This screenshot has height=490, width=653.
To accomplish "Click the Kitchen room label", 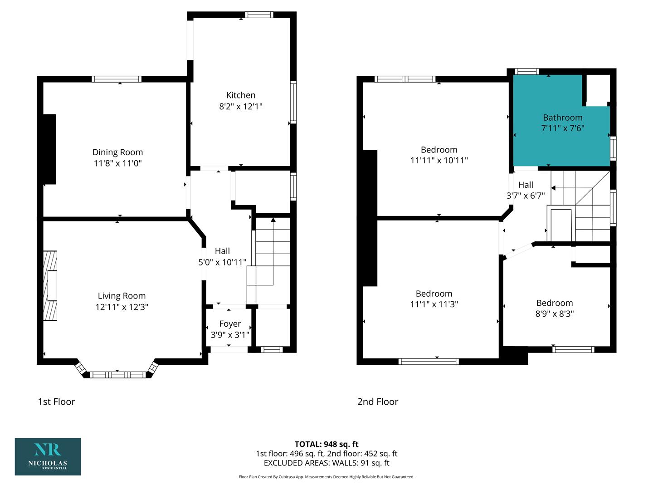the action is [241, 95].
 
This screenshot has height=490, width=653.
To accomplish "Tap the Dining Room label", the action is [117, 152].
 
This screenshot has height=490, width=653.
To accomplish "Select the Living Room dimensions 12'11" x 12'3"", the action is [122, 307].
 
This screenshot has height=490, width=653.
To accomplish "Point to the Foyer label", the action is [230, 323].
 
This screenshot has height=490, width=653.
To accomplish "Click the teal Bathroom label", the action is [563, 118].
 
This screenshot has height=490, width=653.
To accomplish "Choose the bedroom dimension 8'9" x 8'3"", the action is [555, 314].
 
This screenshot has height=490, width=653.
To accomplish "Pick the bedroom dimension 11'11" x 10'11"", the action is [439, 160].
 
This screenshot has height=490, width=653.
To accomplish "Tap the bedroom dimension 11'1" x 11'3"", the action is [434, 304].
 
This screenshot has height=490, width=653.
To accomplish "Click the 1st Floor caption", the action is [57, 402].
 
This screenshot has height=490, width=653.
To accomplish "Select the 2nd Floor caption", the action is [378, 402].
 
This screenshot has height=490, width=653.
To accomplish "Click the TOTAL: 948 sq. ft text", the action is [326, 444].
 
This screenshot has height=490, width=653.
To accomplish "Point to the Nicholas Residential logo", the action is [48, 456].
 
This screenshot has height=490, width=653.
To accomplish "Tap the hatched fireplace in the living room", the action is [50, 286].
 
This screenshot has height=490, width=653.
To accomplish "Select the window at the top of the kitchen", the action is [259, 15].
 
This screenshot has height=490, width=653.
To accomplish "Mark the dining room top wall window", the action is [117, 79].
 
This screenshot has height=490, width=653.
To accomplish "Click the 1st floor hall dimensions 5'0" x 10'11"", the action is [222, 262].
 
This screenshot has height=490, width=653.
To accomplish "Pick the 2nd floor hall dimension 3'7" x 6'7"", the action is [526, 196].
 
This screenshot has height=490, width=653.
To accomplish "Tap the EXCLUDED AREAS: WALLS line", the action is [326, 463].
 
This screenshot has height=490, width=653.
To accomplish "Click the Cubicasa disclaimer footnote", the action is [326, 477].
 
